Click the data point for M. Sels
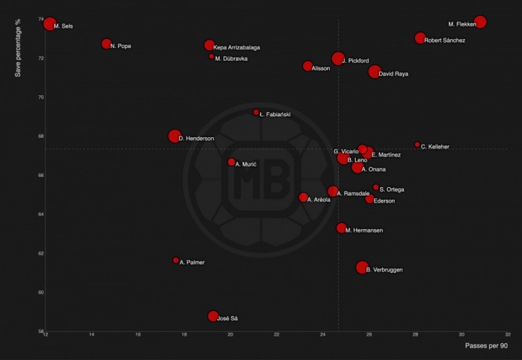pyautogui.click(x=49, y=24)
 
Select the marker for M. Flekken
pyautogui.click(x=480, y=22)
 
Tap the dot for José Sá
pyautogui.click(x=213, y=316)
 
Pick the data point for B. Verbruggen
pyautogui.click(x=362, y=267)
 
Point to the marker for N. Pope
pyautogui.click(x=106, y=44)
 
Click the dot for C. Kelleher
pyautogui.click(x=417, y=145)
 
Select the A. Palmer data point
pyautogui.click(x=175, y=260)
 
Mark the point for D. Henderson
pyautogui.click(x=175, y=136)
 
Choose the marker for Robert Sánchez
pyautogui.click(x=420, y=38)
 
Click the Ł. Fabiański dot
pyautogui.click(x=256, y=112)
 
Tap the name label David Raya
pyautogui.click(x=393, y=74)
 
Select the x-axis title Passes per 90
pyautogui.click(x=486, y=345)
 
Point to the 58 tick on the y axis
pyautogui.click(x=40, y=331)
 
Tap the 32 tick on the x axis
pyautogui.click(x=507, y=335)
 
